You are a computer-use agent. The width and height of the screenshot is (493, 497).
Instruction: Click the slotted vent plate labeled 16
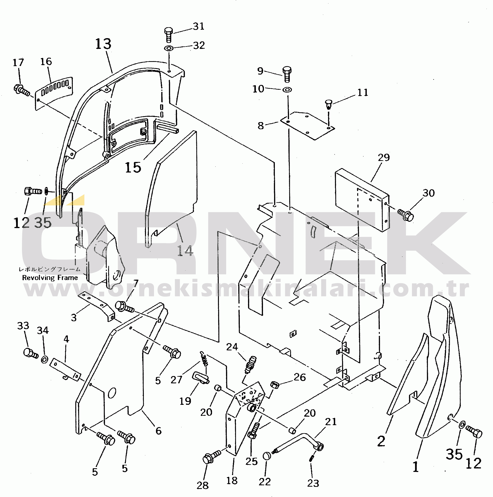[54, 93]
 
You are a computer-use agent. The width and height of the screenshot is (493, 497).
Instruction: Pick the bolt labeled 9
[287, 74]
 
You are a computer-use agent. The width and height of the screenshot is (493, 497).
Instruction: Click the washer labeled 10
[287, 90]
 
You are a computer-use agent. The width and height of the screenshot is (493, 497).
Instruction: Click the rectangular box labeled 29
[362, 200]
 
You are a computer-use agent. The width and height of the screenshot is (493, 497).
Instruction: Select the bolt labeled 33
[31, 353]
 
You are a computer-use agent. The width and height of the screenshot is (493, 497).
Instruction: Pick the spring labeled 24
[250, 365]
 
